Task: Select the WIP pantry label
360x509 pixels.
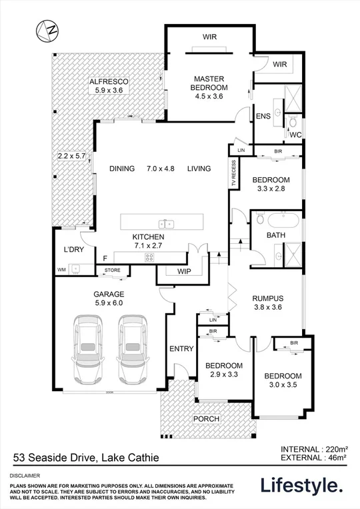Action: [185, 272]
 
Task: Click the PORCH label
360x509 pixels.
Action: [206, 418]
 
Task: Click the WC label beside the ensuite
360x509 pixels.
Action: [293, 135]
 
